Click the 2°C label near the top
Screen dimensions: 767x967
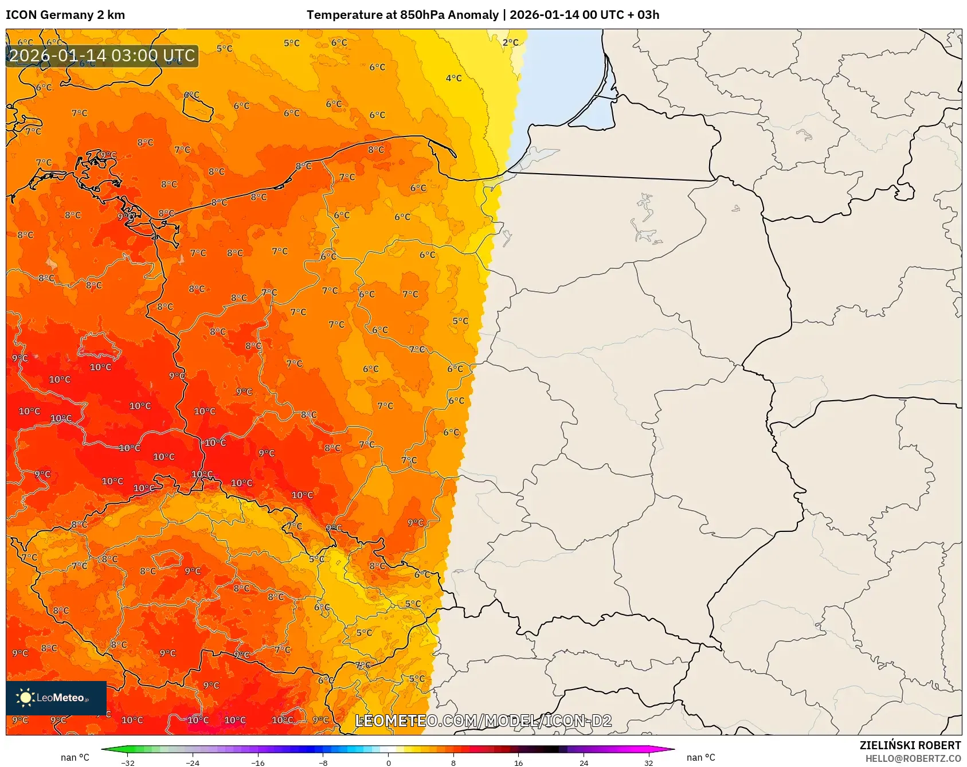click(510, 42)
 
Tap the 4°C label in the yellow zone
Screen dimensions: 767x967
click(453, 78)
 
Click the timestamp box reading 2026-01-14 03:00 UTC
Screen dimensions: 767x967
click(102, 56)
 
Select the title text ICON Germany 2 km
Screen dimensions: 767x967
click(65, 15)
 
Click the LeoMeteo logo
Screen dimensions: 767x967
click(56, 698)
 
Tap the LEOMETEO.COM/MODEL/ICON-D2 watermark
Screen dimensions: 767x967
click(483, 721)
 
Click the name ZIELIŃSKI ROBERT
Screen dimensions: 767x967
click(910, 745)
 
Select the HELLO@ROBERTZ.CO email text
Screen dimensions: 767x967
click(913, 758)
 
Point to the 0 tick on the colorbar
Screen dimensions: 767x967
click(389, 762)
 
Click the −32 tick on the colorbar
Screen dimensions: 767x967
click(128, 762)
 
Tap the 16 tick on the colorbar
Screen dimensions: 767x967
click(518, 762)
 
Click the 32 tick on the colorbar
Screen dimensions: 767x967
click(648, 762)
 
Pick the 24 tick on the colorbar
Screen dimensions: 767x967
click(584, 762)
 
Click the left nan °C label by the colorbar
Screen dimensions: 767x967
click(75, 757)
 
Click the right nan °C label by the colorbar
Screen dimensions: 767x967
click(700, 757)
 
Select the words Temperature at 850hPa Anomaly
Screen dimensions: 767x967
click(402, 15)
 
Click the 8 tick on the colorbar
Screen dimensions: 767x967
click(453, 762)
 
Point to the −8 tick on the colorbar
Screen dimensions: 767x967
click(323, 762)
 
